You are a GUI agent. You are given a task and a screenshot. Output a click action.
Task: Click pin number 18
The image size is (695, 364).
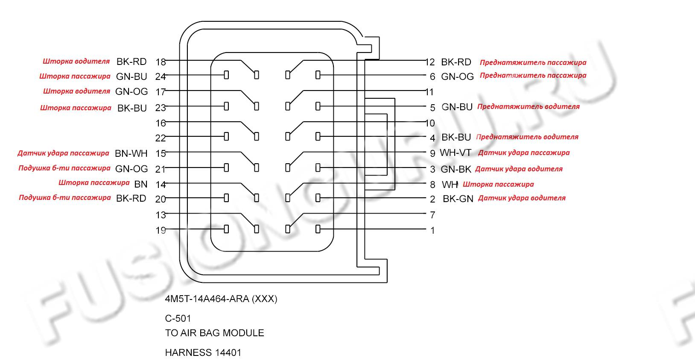[161, 62]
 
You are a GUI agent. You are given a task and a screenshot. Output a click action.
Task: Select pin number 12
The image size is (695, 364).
[430, 62]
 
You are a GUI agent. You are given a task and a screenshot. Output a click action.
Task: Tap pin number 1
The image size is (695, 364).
[432, 231]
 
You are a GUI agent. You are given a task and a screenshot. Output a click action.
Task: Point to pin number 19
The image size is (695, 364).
[161, 231]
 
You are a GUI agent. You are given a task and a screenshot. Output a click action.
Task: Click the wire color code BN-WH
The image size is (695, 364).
[131, 153]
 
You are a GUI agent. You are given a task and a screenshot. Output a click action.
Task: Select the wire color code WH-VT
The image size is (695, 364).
[456, 153]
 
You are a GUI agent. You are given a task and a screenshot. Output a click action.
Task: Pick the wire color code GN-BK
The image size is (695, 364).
[456, 169]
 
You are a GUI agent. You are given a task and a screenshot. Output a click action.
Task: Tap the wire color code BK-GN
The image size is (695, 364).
[458, 199]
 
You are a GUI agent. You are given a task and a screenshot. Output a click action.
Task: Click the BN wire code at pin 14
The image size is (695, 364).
[141, 184]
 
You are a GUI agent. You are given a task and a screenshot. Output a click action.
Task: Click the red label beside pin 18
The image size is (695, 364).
[76, 61]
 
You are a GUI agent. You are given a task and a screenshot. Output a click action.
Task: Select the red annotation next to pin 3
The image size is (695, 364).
[519, 169]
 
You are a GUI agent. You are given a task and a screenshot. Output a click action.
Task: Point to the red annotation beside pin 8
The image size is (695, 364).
[498, 185]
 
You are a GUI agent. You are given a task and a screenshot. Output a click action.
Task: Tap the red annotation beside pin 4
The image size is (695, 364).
[527, 137]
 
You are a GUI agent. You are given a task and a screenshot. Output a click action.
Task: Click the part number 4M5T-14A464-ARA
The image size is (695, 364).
[221, 299]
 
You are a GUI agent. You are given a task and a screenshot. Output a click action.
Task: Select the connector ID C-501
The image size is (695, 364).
[178, 319]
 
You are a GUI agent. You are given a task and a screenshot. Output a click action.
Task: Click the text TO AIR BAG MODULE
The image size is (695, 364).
[214, 333]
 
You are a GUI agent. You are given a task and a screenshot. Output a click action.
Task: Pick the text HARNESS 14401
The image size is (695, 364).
[203, 353]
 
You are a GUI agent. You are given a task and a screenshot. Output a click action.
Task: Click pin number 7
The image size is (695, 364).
[432, 215]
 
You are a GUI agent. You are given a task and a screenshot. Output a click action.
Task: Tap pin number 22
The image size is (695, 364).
[161, 138]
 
